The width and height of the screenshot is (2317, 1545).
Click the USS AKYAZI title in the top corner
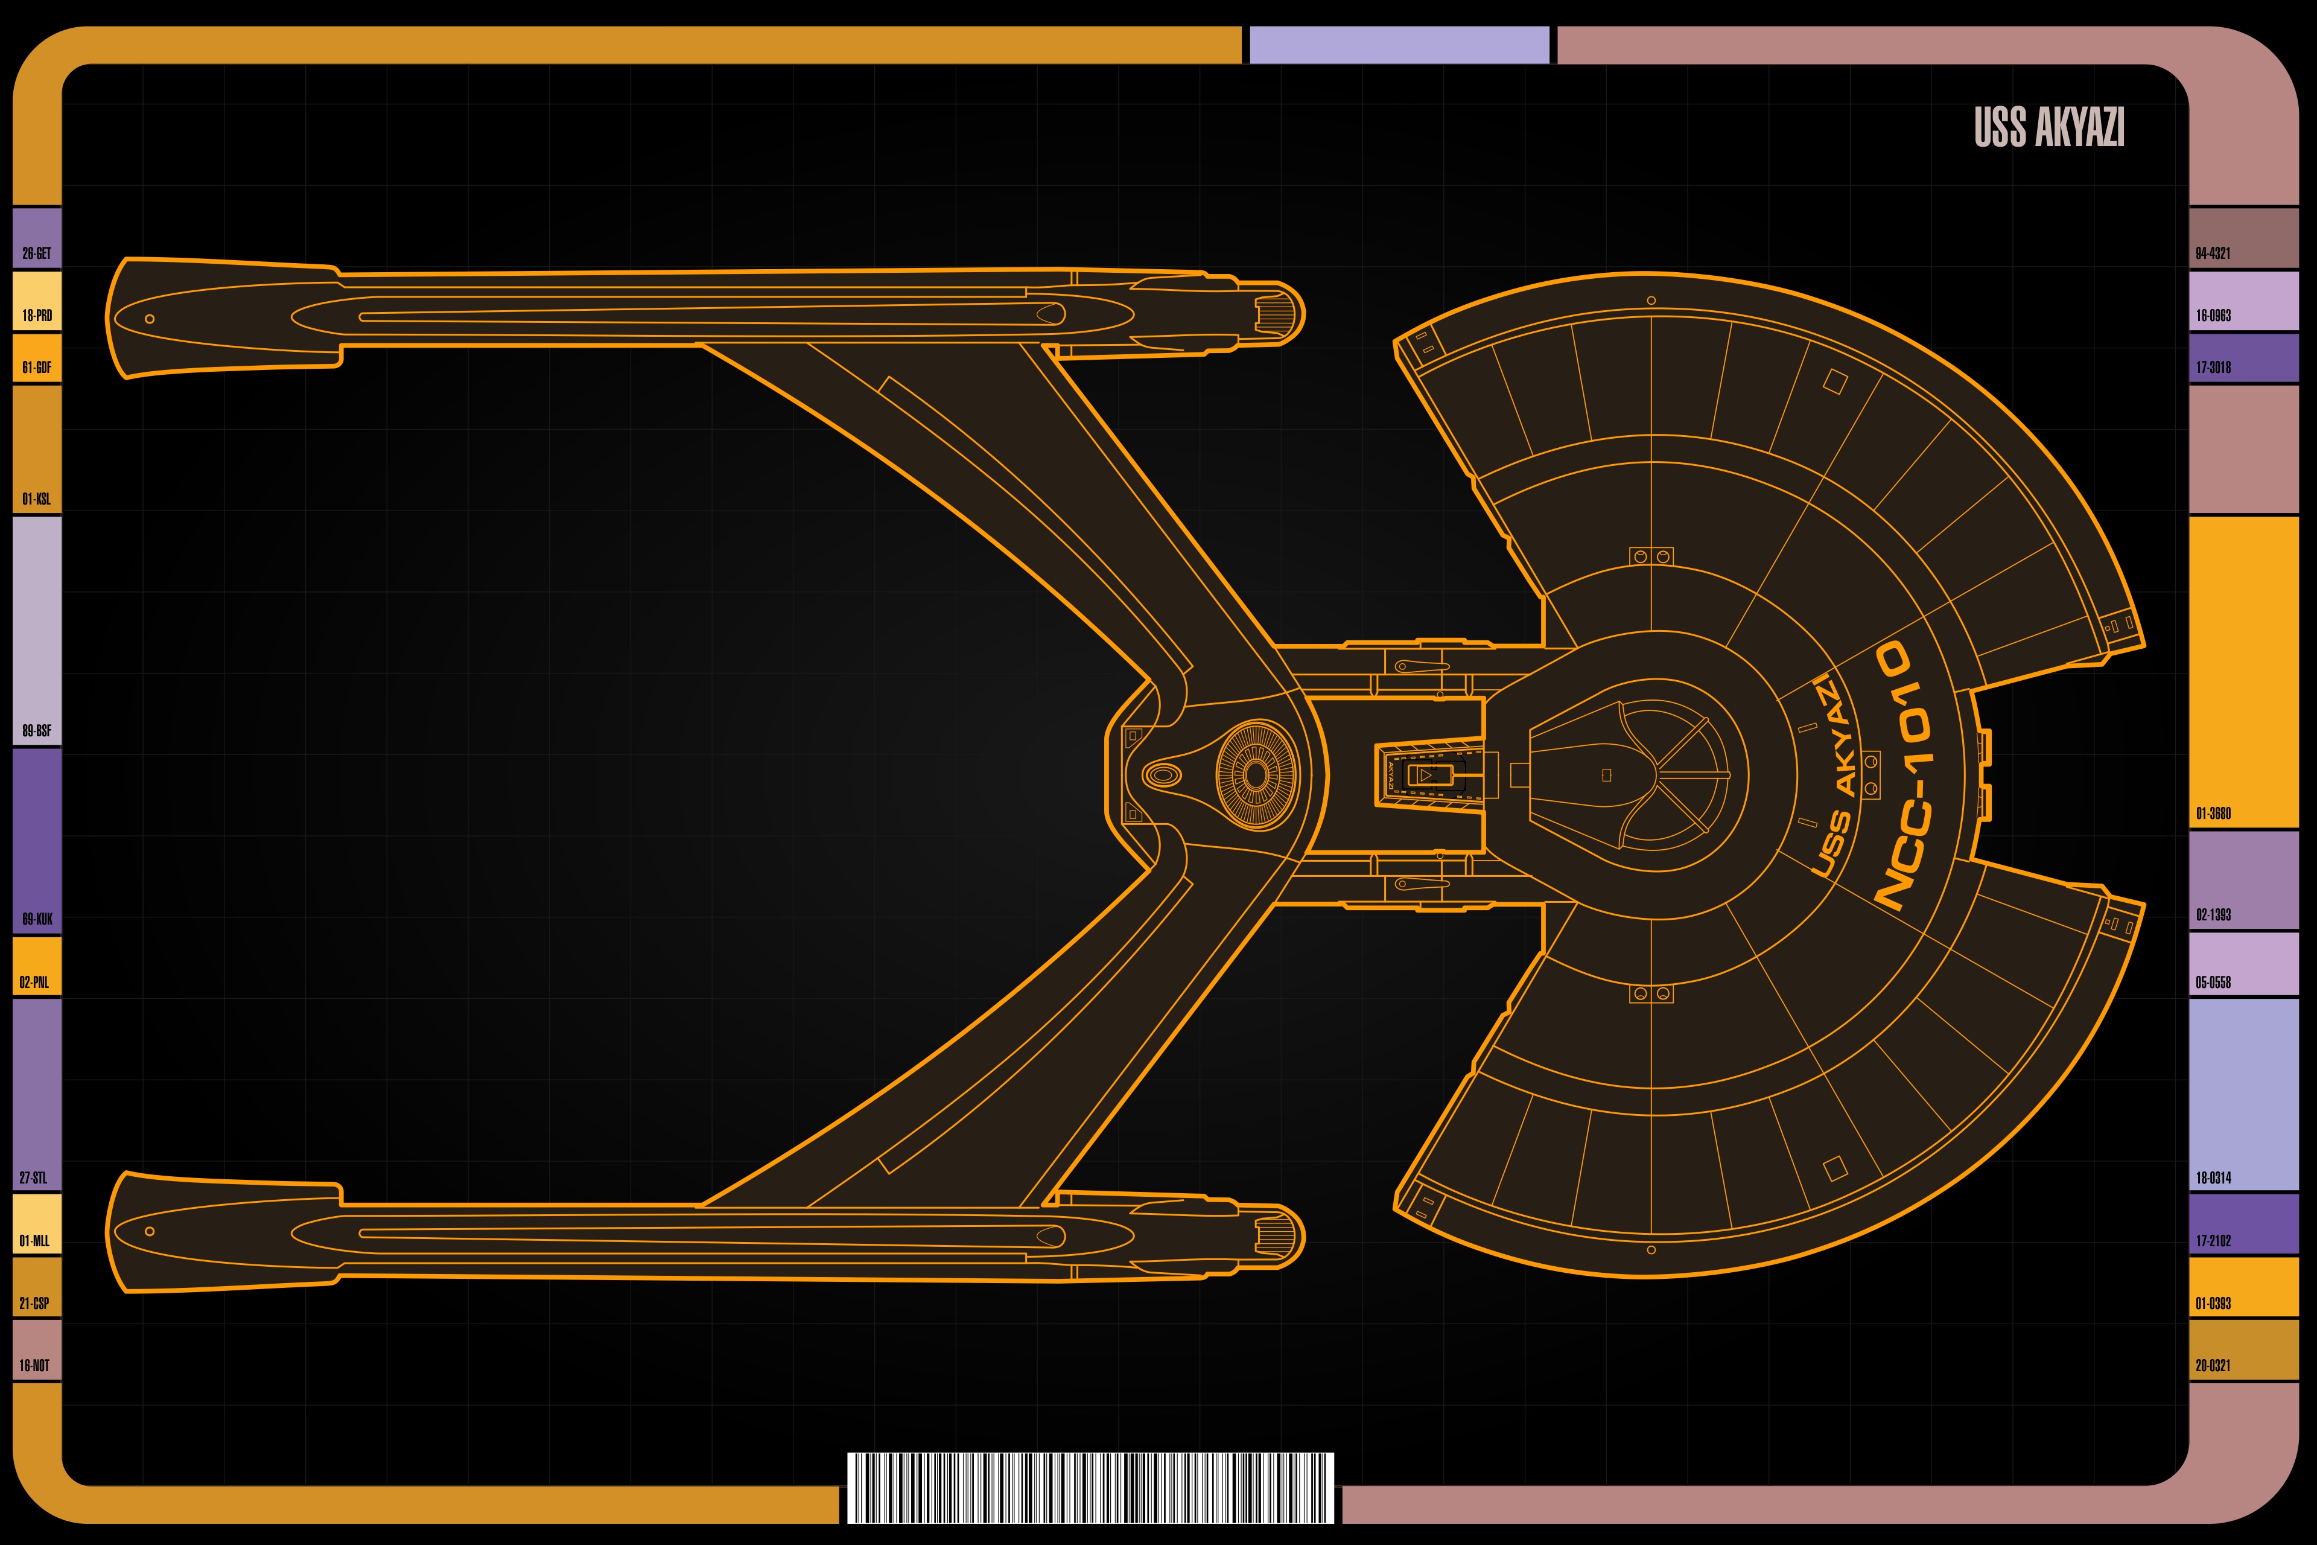[x=2049, y=127]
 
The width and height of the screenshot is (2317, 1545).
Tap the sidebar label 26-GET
[x=36, y=253]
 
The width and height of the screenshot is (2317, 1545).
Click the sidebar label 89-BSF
[x=36, y=731]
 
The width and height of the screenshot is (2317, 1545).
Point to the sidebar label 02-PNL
[x=34, y=983]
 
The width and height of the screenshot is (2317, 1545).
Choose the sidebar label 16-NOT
[x=34, y=1366]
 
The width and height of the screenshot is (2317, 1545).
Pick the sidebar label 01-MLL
[x=34, y=1241]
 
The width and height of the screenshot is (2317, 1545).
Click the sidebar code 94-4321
[x=2213, y=253]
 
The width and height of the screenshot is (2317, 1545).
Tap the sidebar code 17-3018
[x=2213, y=368]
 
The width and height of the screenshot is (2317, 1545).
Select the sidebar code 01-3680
[x=2213, y=814]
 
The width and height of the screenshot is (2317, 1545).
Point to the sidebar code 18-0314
[x=2213, y=1177]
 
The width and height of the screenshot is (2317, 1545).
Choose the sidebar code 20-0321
[x=2213, y=1366]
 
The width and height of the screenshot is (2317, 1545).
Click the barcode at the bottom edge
[x=1090, y=1487]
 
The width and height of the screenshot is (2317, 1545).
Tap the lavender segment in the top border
[x=1399, y=45]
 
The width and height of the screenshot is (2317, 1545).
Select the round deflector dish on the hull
[x=1256, y=774]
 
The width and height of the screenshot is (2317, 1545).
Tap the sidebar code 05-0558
[x=2213, y=983]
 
